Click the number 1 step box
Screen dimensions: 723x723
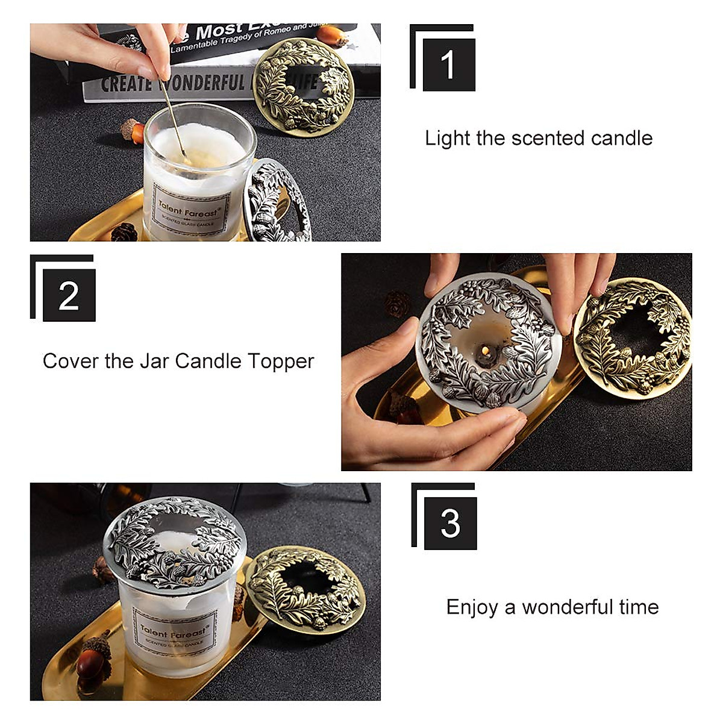[448, 64]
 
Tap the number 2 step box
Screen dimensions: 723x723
[69, 295]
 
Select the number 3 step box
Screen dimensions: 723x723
[450, 523]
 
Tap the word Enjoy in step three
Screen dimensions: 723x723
[472, 607]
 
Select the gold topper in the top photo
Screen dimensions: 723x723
[303, 84]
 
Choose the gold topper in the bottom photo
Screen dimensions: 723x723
[305, 588]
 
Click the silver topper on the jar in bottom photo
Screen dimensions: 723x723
[175, 541]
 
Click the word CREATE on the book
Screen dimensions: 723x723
[125, 84]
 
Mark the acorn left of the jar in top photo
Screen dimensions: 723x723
[133, 131]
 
